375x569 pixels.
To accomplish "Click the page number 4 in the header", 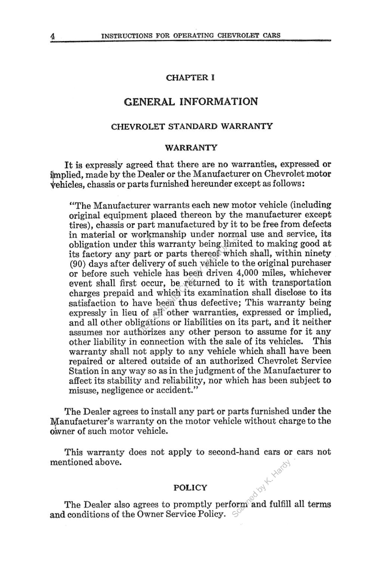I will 53,36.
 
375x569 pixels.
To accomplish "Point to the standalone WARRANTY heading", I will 191,148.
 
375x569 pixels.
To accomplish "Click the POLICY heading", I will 190,488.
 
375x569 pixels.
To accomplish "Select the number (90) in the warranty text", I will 77,263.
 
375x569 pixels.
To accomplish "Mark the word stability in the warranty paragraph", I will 121,380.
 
